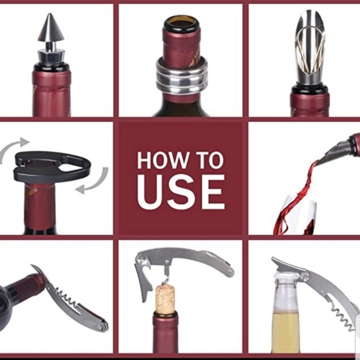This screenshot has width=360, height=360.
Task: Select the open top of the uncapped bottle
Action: coord(181,24)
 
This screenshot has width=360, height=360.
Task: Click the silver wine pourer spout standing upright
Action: coord(310,47)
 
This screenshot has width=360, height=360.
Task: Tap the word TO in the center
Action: coord(207,160)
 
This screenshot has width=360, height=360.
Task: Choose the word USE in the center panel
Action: coord(181,192)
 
